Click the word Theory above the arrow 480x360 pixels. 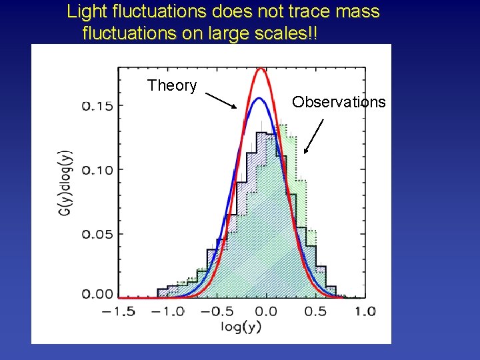click(172, 86)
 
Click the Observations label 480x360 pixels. click(339, 102)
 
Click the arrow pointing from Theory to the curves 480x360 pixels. click(221, 100)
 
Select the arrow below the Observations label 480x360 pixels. click(313, 136)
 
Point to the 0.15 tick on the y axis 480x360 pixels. click(97, 106)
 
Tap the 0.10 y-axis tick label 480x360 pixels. click(97, 169)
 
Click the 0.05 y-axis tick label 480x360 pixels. click(97, 234)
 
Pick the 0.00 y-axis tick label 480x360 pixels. click(97, 294)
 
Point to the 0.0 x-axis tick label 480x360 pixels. click(266, 311)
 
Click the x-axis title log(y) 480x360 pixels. click(241, 327)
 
